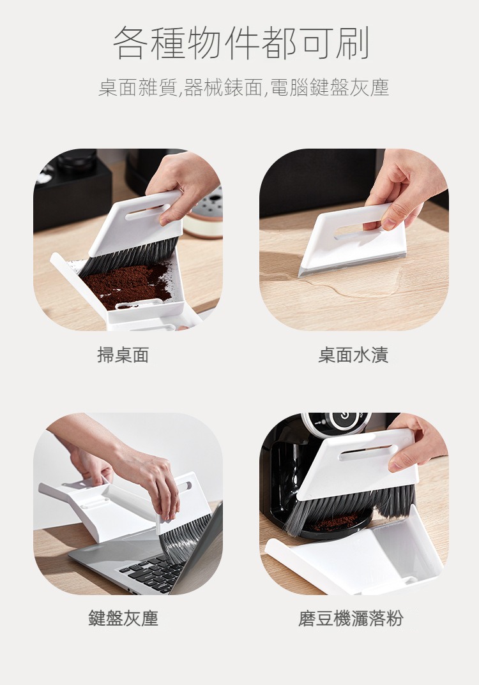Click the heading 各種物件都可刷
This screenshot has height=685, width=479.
click(241, 43)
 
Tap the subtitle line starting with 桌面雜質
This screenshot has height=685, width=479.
click(243, 87)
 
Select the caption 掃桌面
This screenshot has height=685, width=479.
click(123, 355)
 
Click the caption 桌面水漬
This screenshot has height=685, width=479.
click(353, 355)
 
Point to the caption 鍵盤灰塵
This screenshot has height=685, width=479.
click(123, 618)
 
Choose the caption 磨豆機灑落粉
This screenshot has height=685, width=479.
click(351, 618)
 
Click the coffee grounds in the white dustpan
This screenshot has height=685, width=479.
click(127, 284)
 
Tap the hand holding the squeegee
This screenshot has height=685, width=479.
click(405, 188)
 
